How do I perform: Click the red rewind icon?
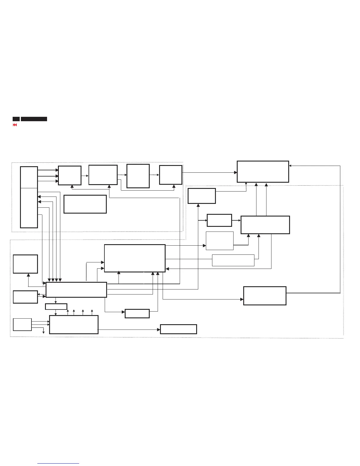(x=15, y=125)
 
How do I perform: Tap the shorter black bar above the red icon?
(x=16, y=119)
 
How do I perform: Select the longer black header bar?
(x=34, y=119)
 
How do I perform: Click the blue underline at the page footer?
(x=58, y=464)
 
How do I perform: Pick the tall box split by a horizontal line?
(x=29, y=197)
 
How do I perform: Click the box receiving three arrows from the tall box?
(x=70, y=175)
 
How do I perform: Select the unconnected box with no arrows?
(x=85, y=204)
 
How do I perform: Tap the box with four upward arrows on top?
(x=74, y=324)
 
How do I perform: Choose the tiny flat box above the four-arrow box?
(x=56, y=307)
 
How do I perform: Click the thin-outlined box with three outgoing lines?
(x=22, y=324)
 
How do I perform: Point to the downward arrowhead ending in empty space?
(x=44, y=332)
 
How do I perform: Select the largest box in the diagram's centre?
(x=135, y=258)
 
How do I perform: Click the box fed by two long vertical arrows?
(x=263, y=172)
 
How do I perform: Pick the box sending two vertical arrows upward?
(x=265, y=225)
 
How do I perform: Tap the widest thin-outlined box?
(x=233, y=260)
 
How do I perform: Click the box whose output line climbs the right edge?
(x=265, y=296)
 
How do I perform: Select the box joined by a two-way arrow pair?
(x=25, y=297)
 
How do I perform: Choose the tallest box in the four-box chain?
(x=138, y=176)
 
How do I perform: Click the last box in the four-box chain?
(x=171, y=175)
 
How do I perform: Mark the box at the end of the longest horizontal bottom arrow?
(x=178, y=329)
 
